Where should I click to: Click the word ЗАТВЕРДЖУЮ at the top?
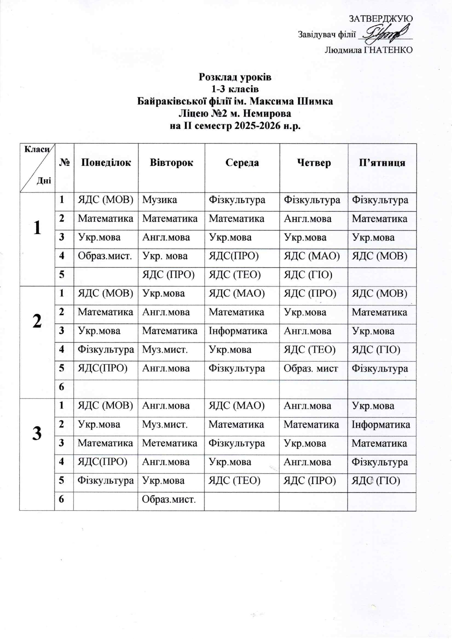(381, 19)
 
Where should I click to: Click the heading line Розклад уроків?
(235, 77)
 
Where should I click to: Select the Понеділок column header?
(106, 163)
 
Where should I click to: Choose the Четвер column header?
(313, 163)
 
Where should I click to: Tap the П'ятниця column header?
(382, 163)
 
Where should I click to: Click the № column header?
(64, 163)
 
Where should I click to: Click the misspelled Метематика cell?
(169, 443)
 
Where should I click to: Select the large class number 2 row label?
(37, 321)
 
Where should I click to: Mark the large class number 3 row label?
(37, 433)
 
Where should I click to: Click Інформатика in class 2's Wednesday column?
(238, 331)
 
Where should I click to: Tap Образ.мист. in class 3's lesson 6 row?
(169, 499)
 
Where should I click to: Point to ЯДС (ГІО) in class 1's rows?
(308, 274)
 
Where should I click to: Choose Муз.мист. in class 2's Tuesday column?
(165, 350)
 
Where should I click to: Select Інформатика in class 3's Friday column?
(381, 424)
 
